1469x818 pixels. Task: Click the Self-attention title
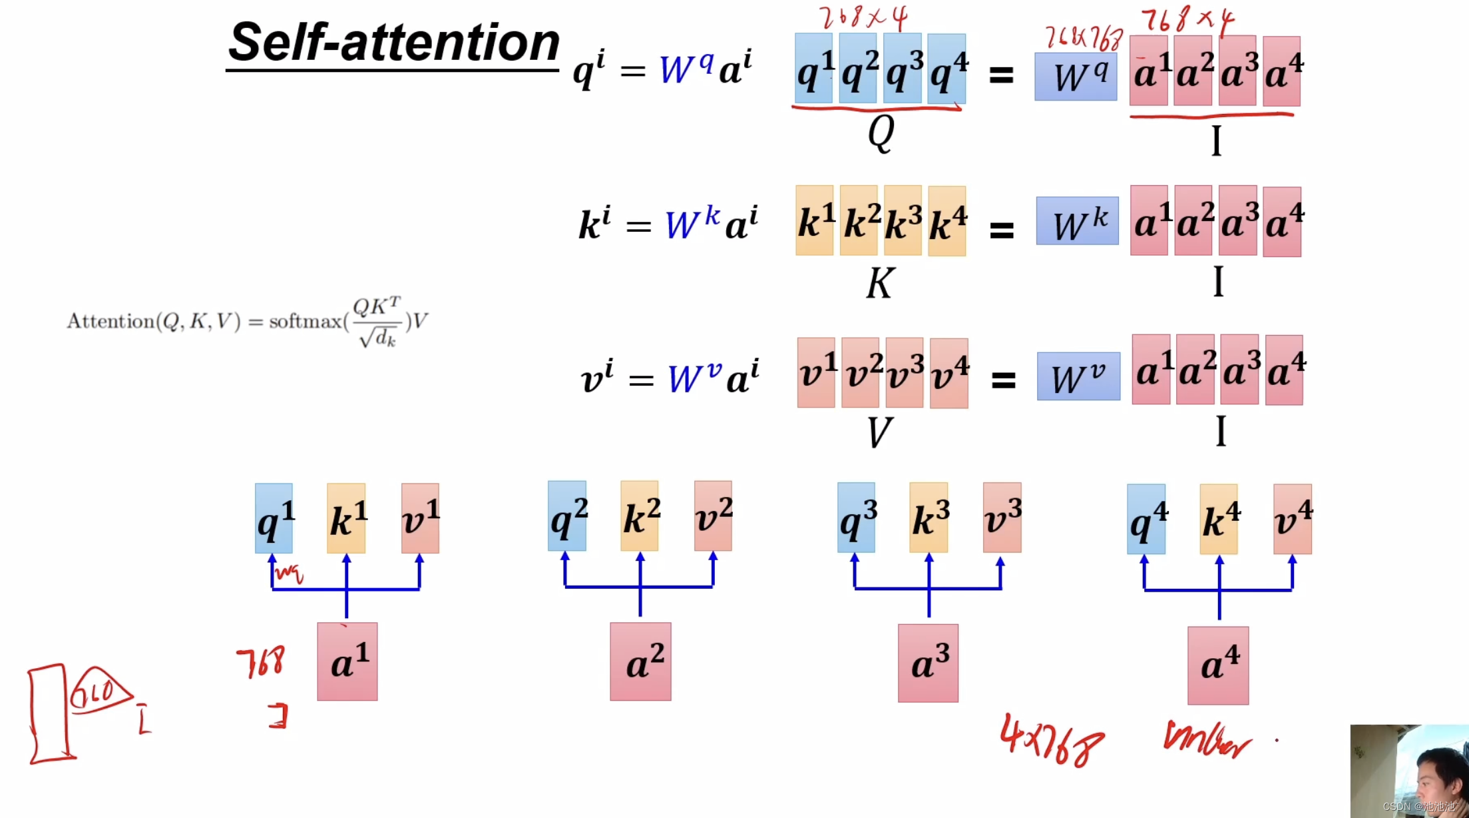pos(393,43)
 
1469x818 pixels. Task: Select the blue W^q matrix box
pos(1076,77)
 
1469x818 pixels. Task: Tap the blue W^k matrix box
pos(1077,221)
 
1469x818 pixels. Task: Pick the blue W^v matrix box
pos(1078,376)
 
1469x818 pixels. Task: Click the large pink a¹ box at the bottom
pos(347,661)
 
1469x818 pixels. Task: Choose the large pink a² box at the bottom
pos(640,661)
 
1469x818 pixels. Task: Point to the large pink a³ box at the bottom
pos(928,663)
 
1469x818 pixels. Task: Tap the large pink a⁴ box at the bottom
pos(1218,665)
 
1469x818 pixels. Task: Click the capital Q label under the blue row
pos(881,133)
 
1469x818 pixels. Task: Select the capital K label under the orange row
pos(880,284)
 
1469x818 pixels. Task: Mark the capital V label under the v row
pos(879,432)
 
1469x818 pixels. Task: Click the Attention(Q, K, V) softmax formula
pos(247,322)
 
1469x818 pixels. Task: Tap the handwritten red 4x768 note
pos(1052,739)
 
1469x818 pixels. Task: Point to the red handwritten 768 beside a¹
pos(261,661)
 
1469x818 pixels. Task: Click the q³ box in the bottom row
pos(856,518)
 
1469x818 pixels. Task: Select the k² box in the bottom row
pos(640,516)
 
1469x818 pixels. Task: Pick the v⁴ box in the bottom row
pos(1292,519)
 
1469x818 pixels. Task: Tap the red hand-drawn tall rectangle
pos(49,713)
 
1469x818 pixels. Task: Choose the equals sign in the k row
pos(1002,230)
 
